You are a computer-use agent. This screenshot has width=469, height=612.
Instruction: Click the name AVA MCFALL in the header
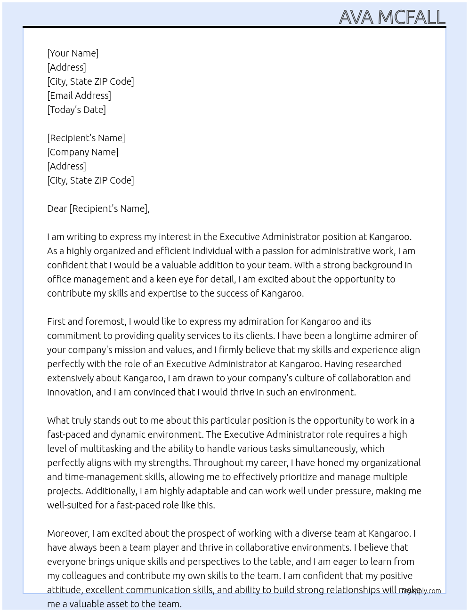tap(392, 17)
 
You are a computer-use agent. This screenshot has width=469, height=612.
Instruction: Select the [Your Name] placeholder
tap(73, 53)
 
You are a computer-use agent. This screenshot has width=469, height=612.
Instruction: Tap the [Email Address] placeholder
tap(79, 96)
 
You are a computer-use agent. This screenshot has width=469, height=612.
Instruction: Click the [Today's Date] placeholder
tap(76, 110)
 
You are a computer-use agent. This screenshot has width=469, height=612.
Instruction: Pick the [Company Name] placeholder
tap(82, 152)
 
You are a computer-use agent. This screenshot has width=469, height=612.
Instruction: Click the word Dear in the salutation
tap(57, 209)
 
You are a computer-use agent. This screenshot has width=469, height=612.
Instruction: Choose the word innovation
tap(69, 392)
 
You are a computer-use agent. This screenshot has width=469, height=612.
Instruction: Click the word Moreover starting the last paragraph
tap(68, 533)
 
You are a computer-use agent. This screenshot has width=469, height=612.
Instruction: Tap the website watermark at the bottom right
tap(420, 591)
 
